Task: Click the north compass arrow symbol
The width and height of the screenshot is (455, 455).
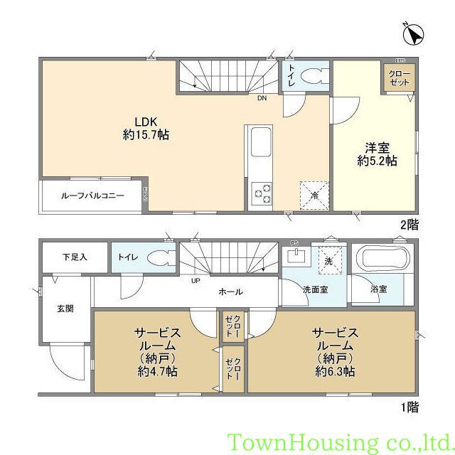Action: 412,33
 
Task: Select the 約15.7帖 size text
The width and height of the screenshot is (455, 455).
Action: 145,133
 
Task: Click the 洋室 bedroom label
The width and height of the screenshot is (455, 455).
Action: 376,148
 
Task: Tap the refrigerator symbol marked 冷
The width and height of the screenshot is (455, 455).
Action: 314,194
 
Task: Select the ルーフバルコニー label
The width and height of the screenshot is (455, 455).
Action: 92,194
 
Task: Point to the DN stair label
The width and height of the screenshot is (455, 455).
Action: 262,98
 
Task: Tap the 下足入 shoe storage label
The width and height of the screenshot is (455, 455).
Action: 74,257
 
